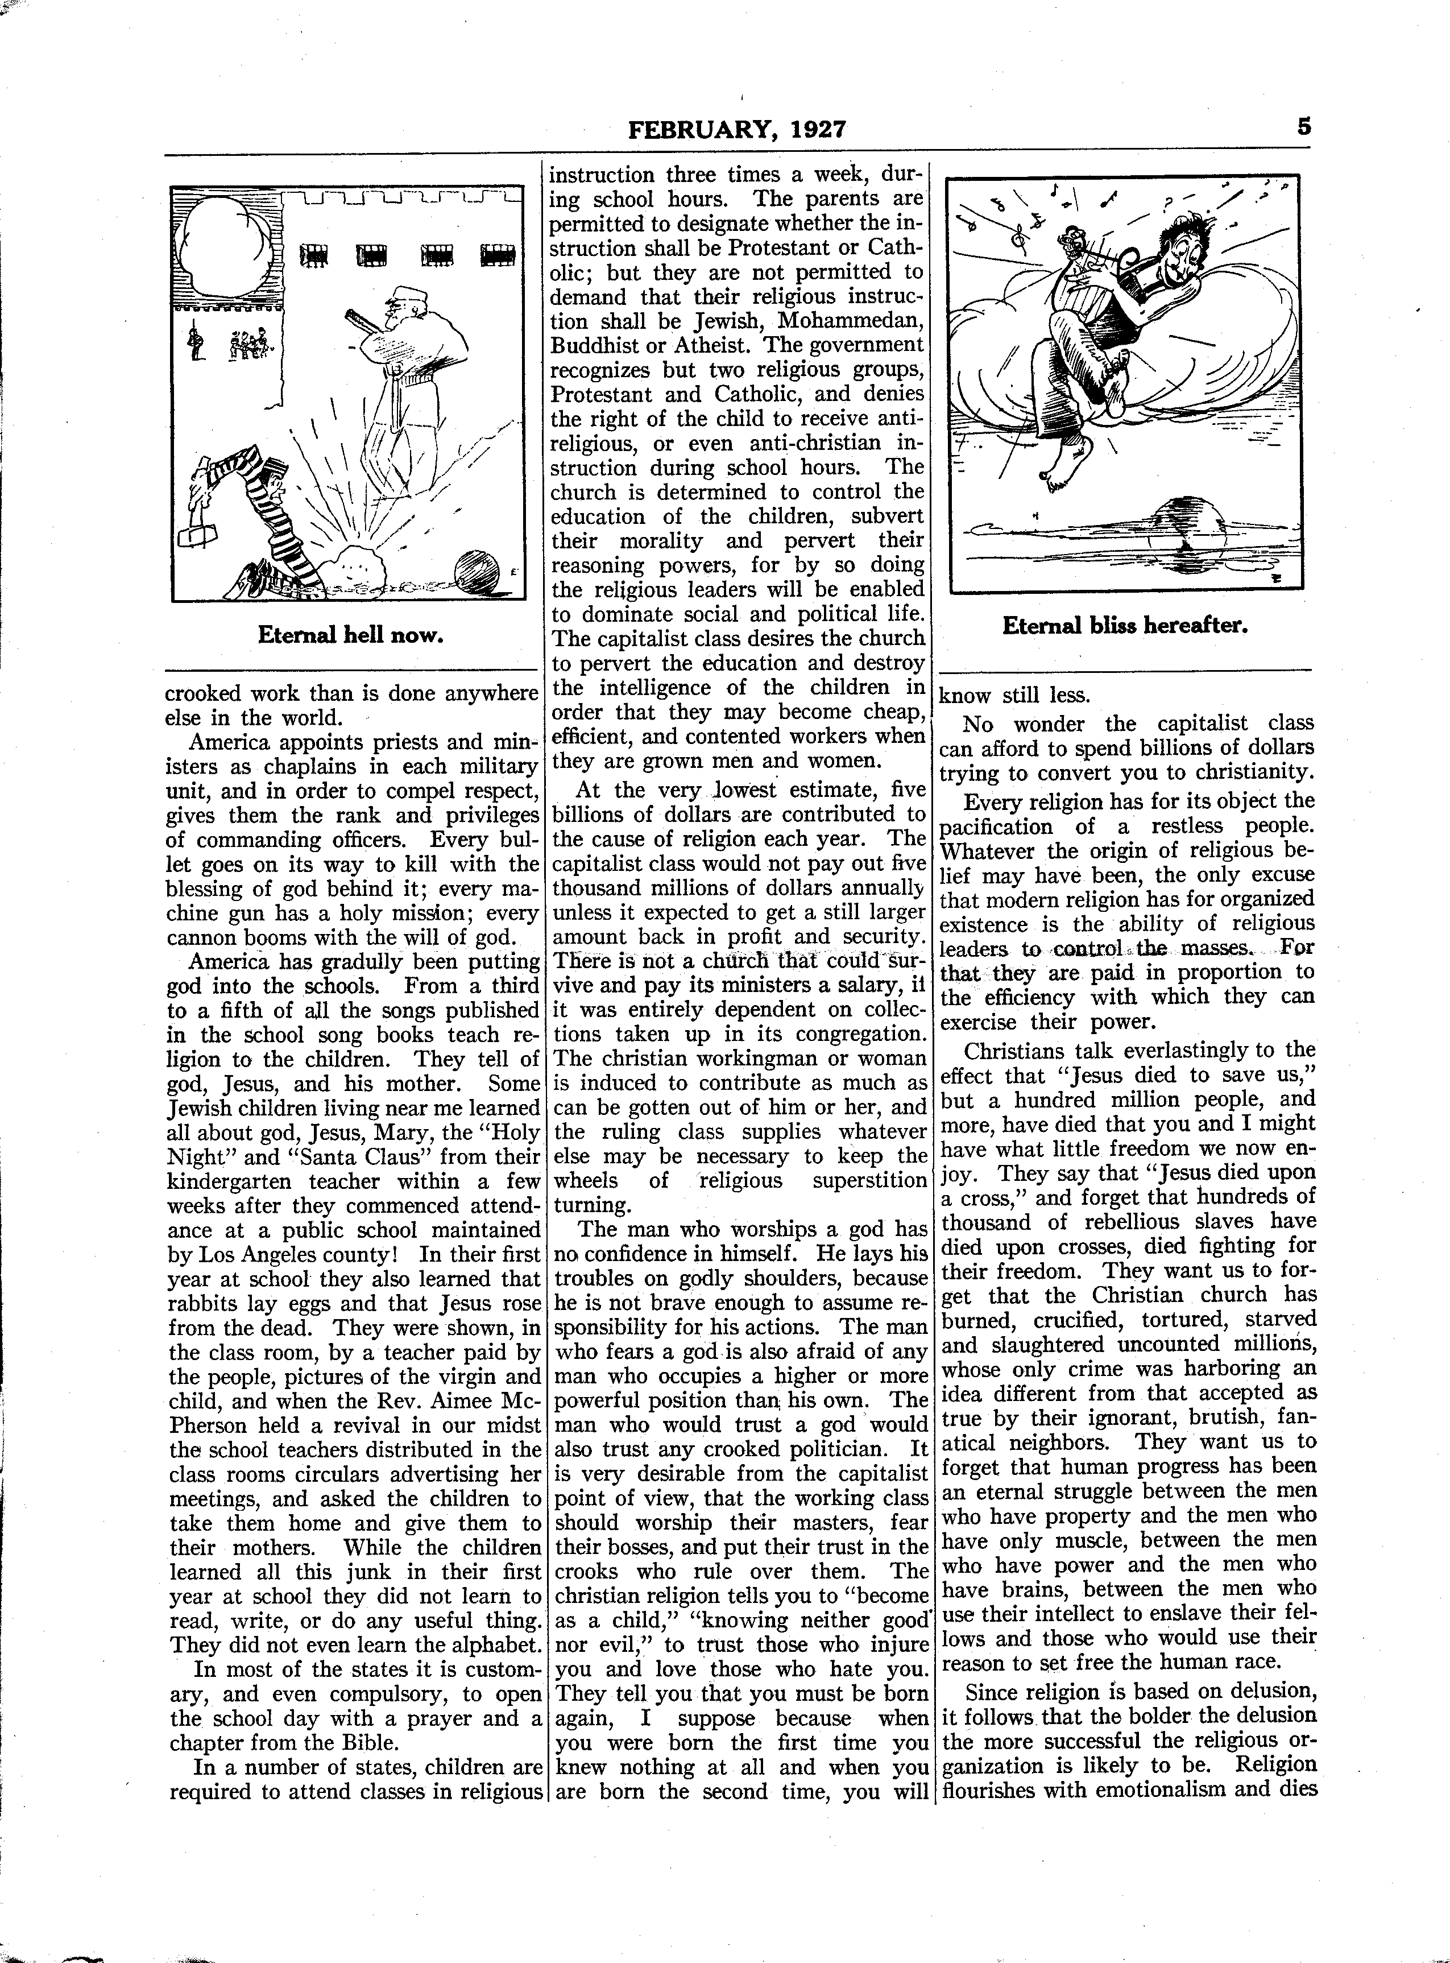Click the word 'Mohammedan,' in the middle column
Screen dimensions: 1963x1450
pos(846,320)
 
